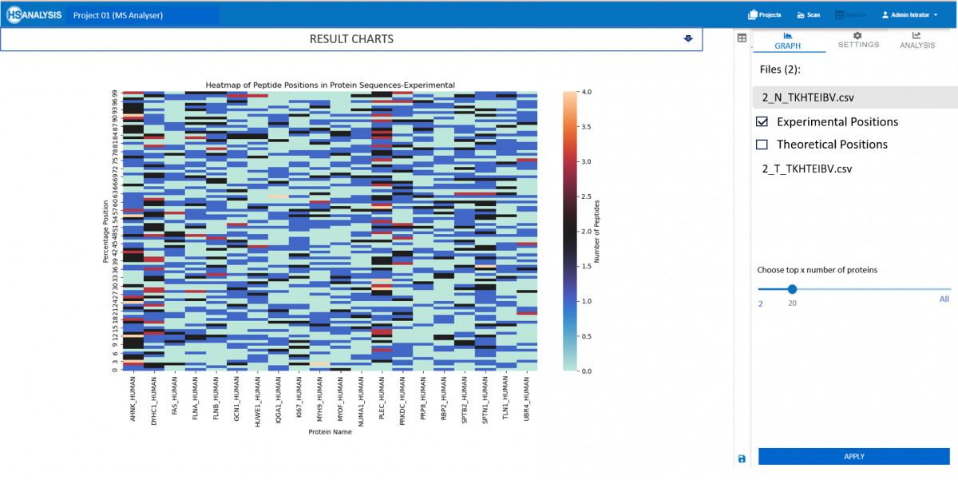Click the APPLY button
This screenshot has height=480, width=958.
click(853, 456)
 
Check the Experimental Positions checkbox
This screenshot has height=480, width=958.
click(762, 122)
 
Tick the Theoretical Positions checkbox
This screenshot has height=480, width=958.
click(762, 145)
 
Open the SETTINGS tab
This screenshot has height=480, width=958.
click(858, 41)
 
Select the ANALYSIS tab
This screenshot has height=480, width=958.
click(916, 41)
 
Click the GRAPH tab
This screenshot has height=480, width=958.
click(787, 42)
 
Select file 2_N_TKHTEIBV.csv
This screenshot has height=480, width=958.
click(808, 97)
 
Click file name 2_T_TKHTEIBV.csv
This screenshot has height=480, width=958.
click(807, 169)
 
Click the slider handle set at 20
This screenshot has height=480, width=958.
click(792, 289)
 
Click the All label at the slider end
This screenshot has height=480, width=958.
click(944, 300)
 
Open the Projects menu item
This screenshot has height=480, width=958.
click(764, 14)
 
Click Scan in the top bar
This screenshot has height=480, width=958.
click(808, 14)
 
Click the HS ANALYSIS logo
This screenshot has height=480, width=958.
click(34, 14)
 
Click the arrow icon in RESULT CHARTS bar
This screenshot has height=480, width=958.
click(688, 39)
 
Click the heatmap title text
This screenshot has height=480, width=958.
click(330, 85)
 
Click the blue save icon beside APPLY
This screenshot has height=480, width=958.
click(742, 458)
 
